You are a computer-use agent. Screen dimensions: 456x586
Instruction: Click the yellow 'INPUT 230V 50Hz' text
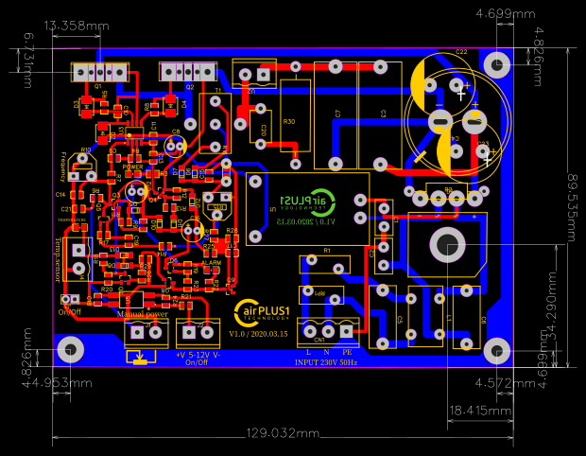point(327,362)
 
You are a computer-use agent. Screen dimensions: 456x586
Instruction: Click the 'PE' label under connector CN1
point(347,353)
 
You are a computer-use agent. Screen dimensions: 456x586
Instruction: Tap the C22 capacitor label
point(461,51)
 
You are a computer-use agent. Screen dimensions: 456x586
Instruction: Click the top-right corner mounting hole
point(497,63)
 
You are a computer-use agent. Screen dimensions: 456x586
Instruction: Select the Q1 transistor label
point(97,86)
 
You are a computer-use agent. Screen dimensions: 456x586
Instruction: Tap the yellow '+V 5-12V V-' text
point(198,354)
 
